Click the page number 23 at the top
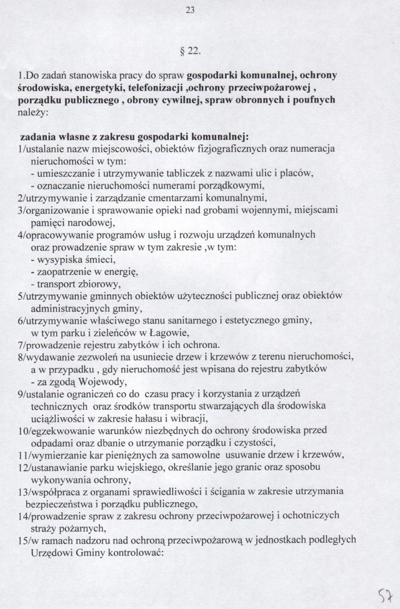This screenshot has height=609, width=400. [200, 9]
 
